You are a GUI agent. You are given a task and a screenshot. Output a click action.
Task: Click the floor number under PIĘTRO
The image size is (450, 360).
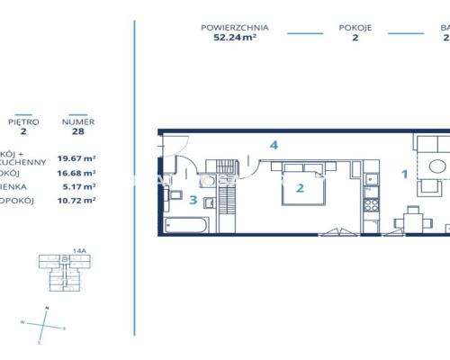(23, 130)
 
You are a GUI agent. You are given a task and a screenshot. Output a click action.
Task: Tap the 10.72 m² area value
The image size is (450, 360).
(76, 201)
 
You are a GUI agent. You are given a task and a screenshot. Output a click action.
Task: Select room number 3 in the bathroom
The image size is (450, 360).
(193, 199)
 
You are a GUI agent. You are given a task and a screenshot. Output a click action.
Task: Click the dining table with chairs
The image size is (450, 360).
(413, 218)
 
